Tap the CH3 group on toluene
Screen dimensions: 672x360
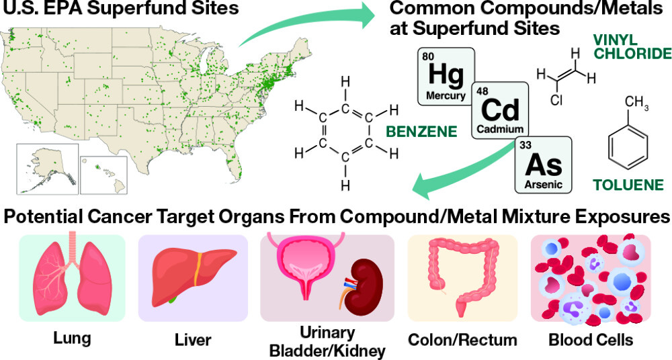(x=636, y=102)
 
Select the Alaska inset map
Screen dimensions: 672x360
(x=47, y=165)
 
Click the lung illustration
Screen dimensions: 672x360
(x=63, y=277)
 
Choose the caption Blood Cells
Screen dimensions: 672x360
(x=591, y=341)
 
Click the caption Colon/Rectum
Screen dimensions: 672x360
(x=463, y=341)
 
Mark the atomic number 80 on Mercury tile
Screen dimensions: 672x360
(x=428, y=56)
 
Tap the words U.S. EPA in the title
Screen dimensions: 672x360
(x=40, y=11)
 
